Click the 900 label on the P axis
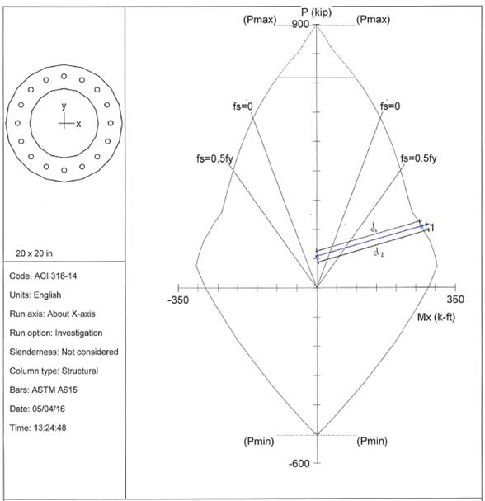[300, 24]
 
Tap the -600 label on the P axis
[299, 463]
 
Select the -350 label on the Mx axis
[178, 300]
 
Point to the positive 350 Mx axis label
[455, 300]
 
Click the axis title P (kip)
[317, 12]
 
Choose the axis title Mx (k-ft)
[436, 317]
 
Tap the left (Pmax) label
[260, 20]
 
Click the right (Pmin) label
[372, 442]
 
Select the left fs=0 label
[243, 106]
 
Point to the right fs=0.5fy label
[418, 158]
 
